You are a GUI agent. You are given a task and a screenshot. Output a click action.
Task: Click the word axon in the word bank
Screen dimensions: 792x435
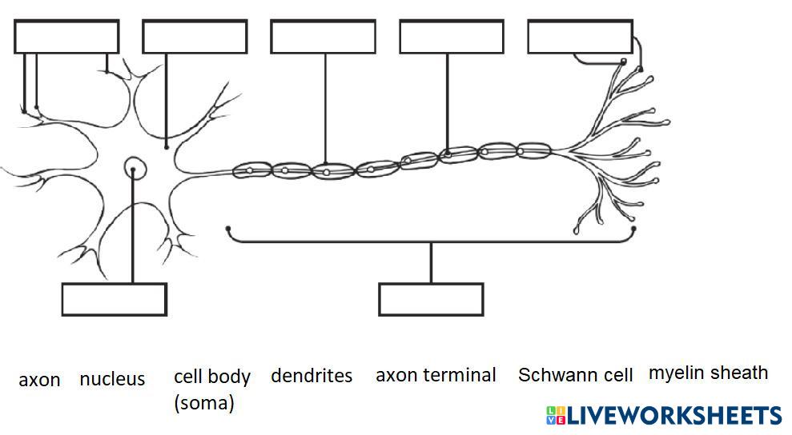coord(39,380)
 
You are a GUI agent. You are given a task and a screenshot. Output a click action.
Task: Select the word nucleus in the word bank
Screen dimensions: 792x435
coord(112,379)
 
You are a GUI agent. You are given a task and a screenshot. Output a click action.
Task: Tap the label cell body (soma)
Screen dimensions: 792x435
coord(211,389)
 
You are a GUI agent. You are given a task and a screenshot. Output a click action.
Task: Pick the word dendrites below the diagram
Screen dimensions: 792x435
coord(312,376)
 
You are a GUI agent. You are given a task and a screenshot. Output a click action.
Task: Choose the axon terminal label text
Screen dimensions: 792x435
coord(436,375)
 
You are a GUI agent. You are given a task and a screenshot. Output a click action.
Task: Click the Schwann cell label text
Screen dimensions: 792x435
coord(575,375)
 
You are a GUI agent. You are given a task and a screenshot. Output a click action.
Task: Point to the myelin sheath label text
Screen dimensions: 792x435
coord(708,373)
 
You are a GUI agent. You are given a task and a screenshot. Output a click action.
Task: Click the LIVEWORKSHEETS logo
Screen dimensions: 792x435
coord(664,415)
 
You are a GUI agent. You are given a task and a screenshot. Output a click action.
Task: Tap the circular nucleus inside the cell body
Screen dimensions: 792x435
coord(134,168)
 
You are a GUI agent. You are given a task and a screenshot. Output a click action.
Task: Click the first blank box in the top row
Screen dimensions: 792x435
coord(66,37)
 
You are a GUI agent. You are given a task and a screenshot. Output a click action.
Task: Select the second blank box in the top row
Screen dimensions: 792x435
coord(195,37)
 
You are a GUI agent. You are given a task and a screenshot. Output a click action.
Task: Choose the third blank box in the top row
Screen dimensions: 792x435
coord(323,37)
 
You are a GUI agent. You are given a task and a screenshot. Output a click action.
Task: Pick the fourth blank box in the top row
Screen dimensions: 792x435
coord(452,37)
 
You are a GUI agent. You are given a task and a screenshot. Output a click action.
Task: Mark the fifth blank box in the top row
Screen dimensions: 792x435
coord(580,37)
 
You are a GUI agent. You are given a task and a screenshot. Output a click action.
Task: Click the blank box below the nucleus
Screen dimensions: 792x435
coord(115,299)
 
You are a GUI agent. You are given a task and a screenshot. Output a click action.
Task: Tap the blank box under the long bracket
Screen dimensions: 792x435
coord(431,299)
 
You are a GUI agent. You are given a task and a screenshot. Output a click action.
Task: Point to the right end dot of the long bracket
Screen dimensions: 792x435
coord(633,229)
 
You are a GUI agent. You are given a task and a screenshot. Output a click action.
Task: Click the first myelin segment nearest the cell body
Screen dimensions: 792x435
coord(251,170)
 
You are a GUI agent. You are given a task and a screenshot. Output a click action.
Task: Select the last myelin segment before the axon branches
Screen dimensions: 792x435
coord(533,150)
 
